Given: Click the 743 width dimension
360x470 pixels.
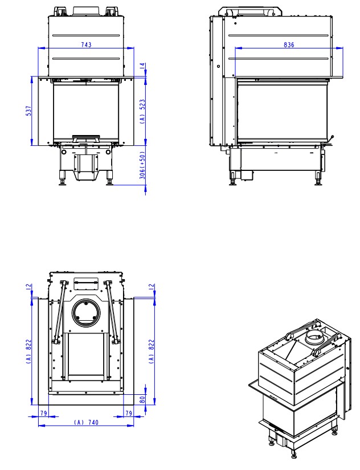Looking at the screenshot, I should [x=86, y=44].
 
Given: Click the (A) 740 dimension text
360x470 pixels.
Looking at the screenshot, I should [x=85, y=422].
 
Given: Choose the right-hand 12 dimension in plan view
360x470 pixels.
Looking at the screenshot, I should [x=152, y=288].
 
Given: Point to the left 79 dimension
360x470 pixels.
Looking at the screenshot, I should [x=43, y=412].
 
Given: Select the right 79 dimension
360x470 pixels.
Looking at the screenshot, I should [x=129, y=412].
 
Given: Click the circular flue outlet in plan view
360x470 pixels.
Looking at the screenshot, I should [x=86, y=312].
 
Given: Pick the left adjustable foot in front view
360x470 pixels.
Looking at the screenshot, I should [x=62, y=181].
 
